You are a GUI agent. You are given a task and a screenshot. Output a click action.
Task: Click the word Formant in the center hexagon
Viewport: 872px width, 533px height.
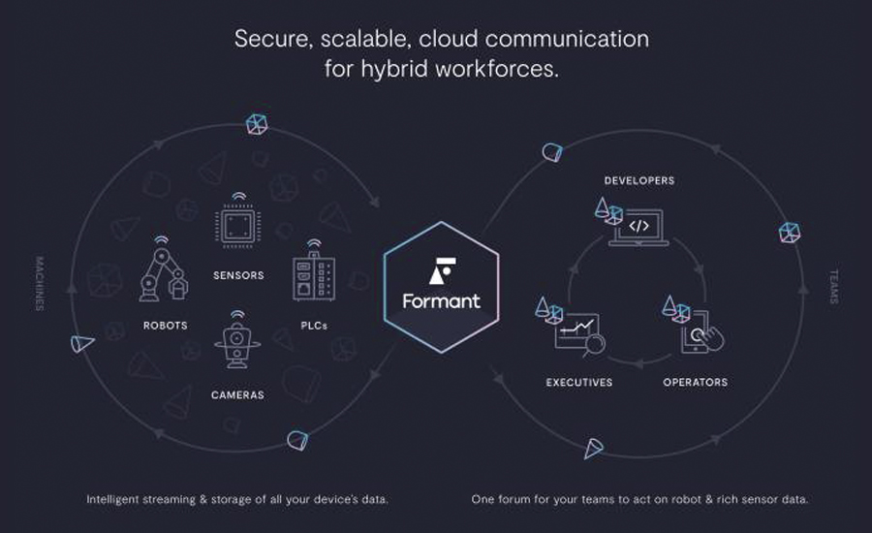click(x=441, y=301)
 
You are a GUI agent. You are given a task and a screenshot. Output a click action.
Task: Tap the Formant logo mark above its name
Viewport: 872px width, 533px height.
click(x=443, y=271)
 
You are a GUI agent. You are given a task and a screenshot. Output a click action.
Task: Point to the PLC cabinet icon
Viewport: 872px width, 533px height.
click(x=314, y=271)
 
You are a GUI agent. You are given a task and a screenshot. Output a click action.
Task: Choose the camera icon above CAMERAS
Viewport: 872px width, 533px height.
click(x=237, y=340)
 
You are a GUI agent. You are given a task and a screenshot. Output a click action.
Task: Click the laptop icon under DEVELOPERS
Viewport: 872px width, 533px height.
click(x=638, y=228)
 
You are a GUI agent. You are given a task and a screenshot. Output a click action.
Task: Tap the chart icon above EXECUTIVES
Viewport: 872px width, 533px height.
click(x=579, y=334)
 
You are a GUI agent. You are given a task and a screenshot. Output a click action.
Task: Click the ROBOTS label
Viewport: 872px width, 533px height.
click(x=165, y=326)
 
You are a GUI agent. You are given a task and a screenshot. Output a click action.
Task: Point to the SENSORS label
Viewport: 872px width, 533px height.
click(x=238, y=275)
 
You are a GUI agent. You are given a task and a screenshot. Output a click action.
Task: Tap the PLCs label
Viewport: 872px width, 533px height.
click(x=314, y=326)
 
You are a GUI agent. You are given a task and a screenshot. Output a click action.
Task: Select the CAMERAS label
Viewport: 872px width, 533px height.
click(x=237, y=395)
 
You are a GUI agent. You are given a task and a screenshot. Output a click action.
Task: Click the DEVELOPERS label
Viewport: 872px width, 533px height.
click(x=639, y=181)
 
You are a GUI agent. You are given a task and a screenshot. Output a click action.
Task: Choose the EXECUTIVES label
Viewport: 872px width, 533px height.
click(x=579, y=382)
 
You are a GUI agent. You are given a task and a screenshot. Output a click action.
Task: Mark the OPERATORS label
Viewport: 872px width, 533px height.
click(x=695, y=382)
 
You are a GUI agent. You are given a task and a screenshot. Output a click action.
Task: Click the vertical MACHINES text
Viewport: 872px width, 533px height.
click(x=40, y=283)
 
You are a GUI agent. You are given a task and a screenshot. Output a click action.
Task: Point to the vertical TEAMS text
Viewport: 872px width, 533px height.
click(x=833, y=287)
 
